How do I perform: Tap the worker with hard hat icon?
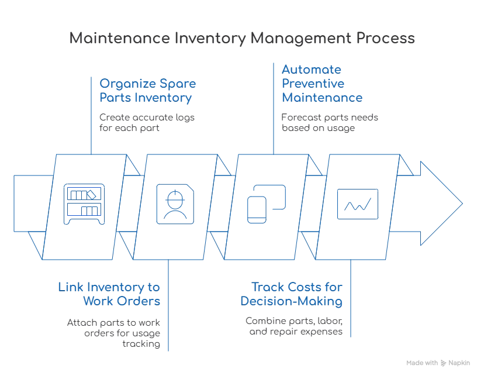pyautogui.click(x=174, y=203)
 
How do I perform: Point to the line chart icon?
pyautogui.click(x=358, y=204)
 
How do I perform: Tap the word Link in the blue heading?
pyautogui.click(x=68, y=287)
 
